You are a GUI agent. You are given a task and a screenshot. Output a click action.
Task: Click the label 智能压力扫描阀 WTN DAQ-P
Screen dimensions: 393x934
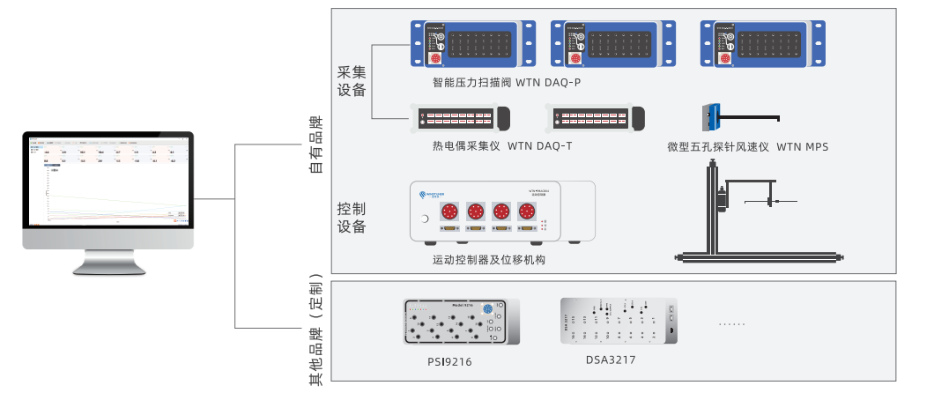(507, 83)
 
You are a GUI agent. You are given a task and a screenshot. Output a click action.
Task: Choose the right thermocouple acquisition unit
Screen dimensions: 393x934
(595, 118)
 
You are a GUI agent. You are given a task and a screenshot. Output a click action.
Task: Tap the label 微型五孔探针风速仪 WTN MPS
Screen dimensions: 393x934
(748, 146)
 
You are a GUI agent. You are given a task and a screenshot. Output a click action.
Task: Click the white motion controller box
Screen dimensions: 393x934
(502, 212)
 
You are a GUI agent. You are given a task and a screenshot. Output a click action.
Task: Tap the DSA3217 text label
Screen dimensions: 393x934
(611, 360)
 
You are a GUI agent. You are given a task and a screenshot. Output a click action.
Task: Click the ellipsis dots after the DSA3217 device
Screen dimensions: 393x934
(731, 324)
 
